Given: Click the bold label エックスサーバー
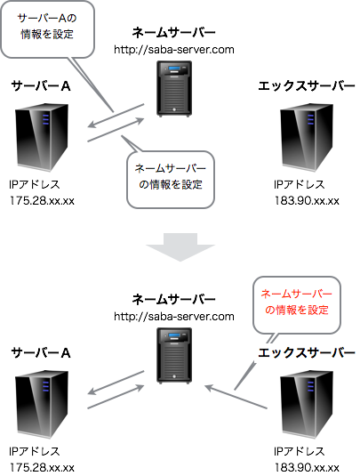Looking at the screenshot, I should pyautogui.click(x=306, y=353).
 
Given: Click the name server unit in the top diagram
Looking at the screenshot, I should pyautogui.click(x=174, y=89).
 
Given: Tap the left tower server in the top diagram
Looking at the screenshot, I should pyautogui.click(x=42, y=138).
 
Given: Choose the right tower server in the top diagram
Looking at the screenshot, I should pyautogui.click(x=306, y=138).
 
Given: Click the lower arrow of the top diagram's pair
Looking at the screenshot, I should pyautogui.click(x=116, y=132).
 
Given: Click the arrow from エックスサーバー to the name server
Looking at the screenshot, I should pyautogui.click(x=236, y=397).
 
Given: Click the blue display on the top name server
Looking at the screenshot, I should pyautogui.click(x=174, y=70).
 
